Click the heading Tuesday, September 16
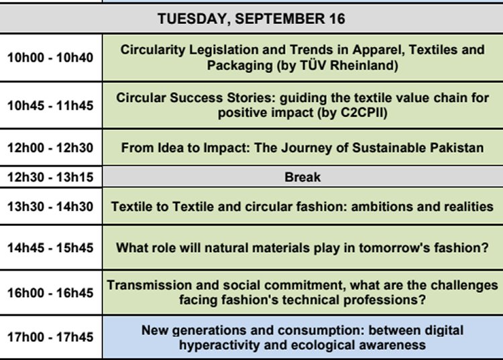click(251, 19)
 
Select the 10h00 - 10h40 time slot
click(50, 58)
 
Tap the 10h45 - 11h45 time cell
click(50, 105)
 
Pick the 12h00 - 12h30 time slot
click(50, 147)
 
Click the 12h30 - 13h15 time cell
click(50, 177)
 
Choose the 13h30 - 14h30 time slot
click(50, 206)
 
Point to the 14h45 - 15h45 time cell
click(50, 248)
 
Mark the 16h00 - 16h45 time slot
click(50, 293)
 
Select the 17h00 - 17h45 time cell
click(50, 337)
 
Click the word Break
click(302, 177)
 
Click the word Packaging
click(240, 66)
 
